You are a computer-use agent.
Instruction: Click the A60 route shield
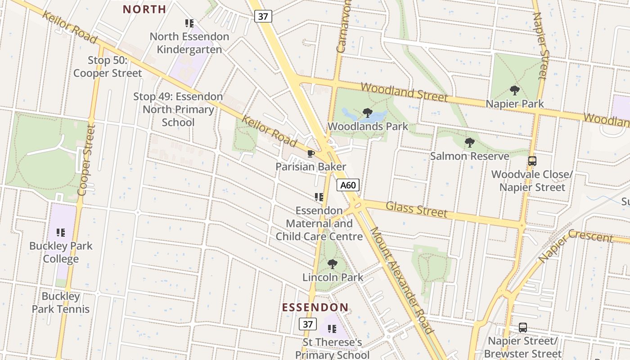pyautogui.click(x=348, y=185)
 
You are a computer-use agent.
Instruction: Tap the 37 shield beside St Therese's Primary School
pyautogui.click(x=307, y=324)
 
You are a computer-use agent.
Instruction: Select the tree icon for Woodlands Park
pyautogui.click(x=368, y=113)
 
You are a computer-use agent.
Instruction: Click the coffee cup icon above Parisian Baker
pyautogui.click(x=310, y=154)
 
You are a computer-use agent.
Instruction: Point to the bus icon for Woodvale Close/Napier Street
pyautogui.click(x=532, y=161)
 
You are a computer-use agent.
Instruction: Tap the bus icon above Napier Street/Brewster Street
pyautogui.click(x=522, y=328)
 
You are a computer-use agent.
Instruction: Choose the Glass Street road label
pyautogui.click(x=417, y=209)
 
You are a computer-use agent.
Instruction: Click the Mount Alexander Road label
pyautogui.click(x=401, y=280)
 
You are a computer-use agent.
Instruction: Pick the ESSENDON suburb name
pyautogui.click(x=315, y=308)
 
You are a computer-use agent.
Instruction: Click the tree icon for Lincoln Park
pyautogui.click(x=332, y=264)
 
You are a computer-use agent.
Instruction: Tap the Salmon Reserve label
pyautogui.click(x=469, y=156)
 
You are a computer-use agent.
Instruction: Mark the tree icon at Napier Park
pyautogui.click(x=515, y=90)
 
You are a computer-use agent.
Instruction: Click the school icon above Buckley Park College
pyautogui.click(x=61, y=233)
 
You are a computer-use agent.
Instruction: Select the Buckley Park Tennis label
pyautogui.click(x=61, y=303)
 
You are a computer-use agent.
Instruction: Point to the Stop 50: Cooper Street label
pyautogui.click(x=108, y=67)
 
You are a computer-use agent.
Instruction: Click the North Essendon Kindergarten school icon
pyautogui.click(x=189, y=23)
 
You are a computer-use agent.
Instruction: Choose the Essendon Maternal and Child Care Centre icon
pyautogui.click(x=319, y=197)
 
